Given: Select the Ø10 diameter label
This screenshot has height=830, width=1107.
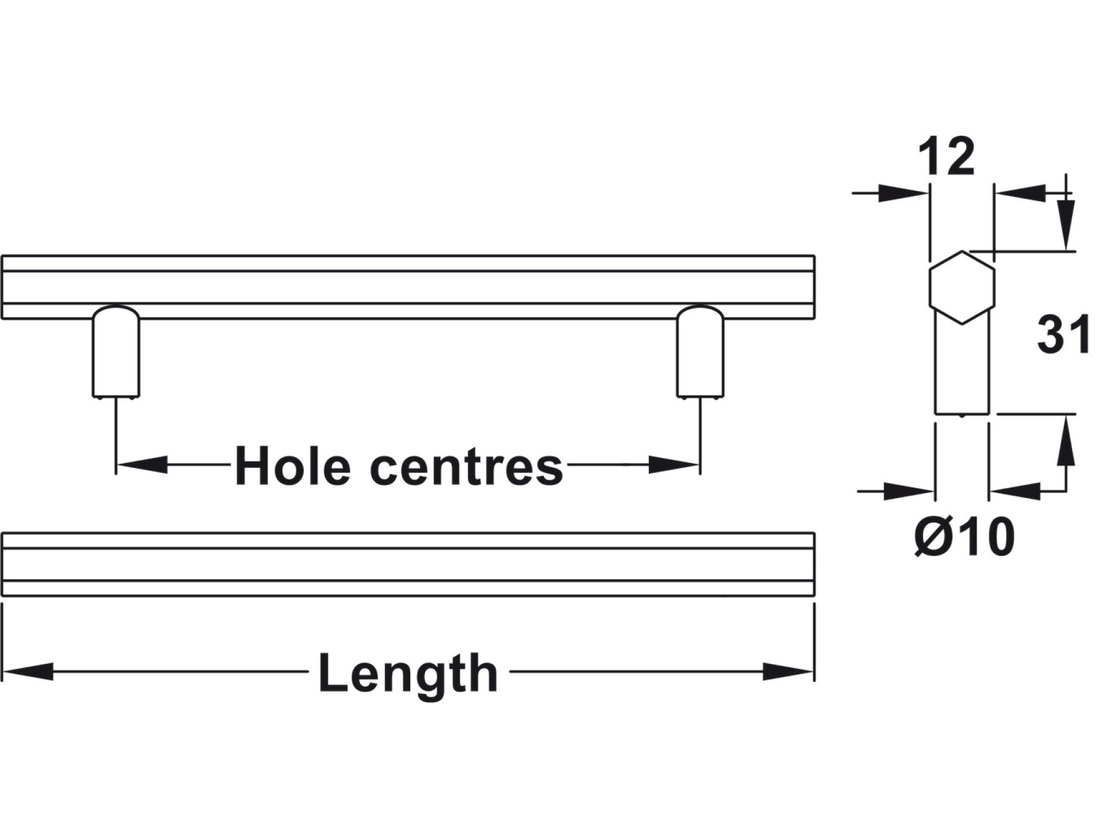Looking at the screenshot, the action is [x=964, y=537].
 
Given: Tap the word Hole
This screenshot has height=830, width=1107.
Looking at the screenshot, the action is [x=292, y=465].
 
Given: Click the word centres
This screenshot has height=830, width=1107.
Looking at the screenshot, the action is [x=467, y=467].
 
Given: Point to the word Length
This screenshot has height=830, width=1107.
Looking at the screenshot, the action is [x=408, y=674].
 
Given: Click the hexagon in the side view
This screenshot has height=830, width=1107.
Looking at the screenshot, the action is [x=961, y=287].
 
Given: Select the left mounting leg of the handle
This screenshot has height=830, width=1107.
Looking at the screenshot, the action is [x=116, y=352].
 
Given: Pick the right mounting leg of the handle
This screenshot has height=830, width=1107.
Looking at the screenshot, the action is [x=700, y=352].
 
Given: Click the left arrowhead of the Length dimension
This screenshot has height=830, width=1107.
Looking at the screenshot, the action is [x=28, y=671].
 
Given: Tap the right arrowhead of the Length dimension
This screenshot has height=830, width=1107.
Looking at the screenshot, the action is [x=788, y=671].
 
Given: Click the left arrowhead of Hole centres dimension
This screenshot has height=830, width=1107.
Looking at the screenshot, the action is [x=142, y=464].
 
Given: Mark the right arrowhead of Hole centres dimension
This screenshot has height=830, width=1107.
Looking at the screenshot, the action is [x=674, y=464].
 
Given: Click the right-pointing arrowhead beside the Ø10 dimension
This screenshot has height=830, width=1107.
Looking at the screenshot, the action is [x=909, y=491].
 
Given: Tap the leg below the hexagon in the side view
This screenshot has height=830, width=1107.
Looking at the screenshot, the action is [x=962, y=368].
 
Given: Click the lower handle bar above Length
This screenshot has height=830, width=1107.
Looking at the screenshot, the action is [x=408, y=564].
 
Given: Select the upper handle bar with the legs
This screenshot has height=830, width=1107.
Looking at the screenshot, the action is [x=408, y=287].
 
